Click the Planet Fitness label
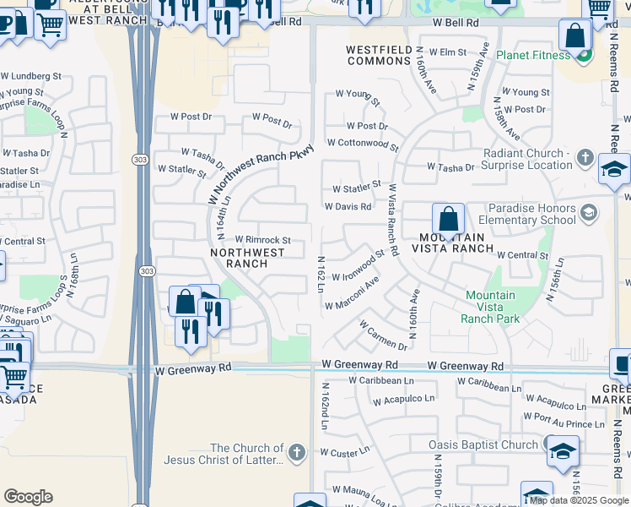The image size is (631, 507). point(533,56)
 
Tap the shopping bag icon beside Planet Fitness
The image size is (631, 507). point(574,37)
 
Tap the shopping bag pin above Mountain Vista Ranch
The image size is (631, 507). point(449,219)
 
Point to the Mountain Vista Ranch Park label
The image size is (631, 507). point(490,307)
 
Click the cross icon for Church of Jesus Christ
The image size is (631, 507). point(295,453)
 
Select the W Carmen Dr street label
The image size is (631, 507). point(383,334)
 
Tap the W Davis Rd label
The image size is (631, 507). point(348,206)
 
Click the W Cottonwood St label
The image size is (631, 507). point(363,144)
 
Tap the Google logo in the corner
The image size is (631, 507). point(28,496)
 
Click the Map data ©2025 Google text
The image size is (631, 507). point(571,500)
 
